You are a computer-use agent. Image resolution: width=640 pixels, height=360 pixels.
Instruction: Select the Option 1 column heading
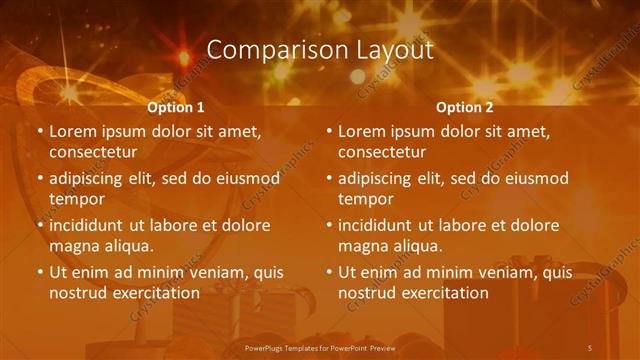point(175,107)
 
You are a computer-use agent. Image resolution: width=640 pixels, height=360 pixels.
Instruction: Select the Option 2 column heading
point(465,107)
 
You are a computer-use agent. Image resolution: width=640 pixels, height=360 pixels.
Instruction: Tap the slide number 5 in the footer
point(590,347)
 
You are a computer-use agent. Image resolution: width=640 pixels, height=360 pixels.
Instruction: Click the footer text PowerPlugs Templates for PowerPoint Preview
point(320,347)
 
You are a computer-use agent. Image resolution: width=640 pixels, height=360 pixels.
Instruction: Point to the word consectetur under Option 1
point(93,152)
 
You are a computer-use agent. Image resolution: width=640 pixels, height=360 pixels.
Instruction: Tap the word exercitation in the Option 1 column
point(154,293)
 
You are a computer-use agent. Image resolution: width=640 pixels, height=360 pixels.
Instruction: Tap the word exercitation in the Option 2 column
point(443,293)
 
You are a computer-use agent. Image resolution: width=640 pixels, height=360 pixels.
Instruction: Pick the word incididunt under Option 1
point(91,225)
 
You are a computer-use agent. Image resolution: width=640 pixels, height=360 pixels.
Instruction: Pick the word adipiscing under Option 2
point(380,178)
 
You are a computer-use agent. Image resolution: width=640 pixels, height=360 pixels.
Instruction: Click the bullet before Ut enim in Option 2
point(329,272)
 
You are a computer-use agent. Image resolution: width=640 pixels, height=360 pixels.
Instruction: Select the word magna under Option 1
point(74,246)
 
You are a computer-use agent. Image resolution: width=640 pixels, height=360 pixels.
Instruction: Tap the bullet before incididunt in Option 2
point(329,225)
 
